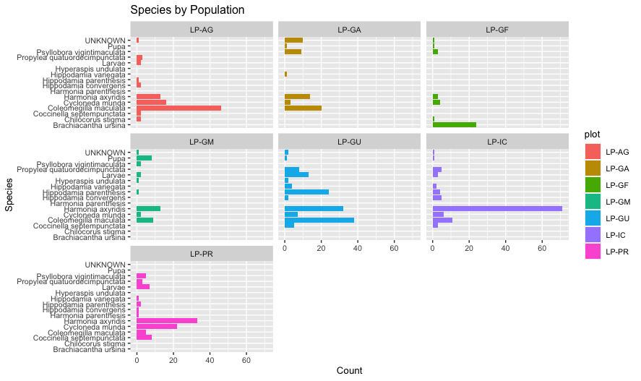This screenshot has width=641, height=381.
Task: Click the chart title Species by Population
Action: pos(187,10)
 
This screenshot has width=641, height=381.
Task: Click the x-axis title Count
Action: pos(349,370)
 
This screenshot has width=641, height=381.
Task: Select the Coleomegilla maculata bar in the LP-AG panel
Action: pos(178,108)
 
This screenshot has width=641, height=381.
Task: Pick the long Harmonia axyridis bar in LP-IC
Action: pos(496,208)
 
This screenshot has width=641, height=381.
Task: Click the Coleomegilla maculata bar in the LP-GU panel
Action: pos(319,220)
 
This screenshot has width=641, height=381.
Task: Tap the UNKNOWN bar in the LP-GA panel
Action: pos(293,40)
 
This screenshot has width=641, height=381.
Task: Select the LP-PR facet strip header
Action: pos(201,254)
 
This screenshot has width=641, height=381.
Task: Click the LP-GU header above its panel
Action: pos(349,141)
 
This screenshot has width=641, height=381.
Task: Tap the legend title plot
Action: pos(593,134)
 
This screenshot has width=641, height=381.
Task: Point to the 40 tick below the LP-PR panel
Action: pos(210,359)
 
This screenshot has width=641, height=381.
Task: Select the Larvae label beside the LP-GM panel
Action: pos(115,175)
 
